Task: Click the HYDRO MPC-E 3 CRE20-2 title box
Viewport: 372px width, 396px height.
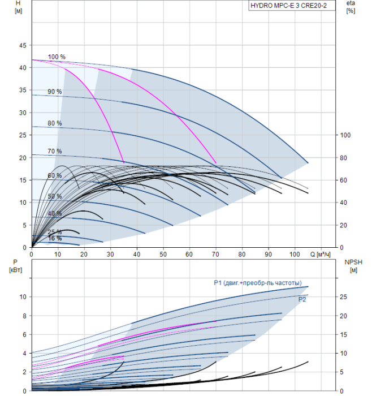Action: pyautogui.click(x=292, y=6)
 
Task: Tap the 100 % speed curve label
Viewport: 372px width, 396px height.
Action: pyautogui.click(x=57, y=57)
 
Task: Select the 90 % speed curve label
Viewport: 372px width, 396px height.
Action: pyautogui.click(x=55, y=92)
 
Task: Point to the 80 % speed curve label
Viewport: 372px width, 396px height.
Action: pyautogui.click(x=55, y=123)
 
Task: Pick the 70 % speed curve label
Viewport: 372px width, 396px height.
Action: pyautogui.click(x=55, y=151)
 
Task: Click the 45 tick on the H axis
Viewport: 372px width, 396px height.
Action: pyautogui.click(x=23, y=45)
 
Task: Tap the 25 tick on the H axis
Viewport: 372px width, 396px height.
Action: pyautogui.click(x=23, y=135)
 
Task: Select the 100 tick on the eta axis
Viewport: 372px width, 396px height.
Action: pyautogui.click(x=345, y=135)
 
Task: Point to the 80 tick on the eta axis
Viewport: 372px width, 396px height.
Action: pyautogui.click(x=343, y=158)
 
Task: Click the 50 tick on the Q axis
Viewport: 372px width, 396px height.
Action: pyautogui.click(x=163, y=254)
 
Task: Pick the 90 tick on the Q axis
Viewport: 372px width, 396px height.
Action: pyautogui.click(x=269, y=254)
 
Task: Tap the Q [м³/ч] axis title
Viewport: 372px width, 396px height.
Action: pyautogui.click(x=320, y=254)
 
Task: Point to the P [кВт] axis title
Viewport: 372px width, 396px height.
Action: pyautogui.click(x=15, y=266)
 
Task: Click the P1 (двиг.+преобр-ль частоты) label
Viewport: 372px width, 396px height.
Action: pyautogui.click(x=258, y=283)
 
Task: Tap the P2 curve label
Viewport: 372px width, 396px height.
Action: pyautogui.click(x=302, y=299)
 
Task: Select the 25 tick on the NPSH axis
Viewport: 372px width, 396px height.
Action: pyautogui.click(x=343, y=297)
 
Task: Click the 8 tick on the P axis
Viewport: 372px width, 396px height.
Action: pyautogui.click(x=24, y=316)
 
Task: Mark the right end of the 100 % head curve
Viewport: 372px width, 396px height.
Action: pyautogui.click(x=308, y=163)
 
